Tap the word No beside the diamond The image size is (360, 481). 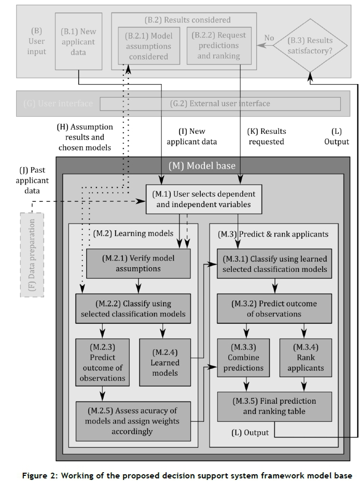coord(269,38)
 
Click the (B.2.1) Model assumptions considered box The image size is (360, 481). coord(149,45)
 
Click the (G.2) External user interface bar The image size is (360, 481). coord(220,104)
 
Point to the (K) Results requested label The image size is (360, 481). coord(265,136)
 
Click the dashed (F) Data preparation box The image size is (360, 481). coord(32,255)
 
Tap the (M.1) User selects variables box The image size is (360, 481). coord(201,199)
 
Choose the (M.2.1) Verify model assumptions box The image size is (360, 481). coord(139,264)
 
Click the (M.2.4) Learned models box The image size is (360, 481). coord(165,362)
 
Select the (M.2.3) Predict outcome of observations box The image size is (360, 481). coord(102,362)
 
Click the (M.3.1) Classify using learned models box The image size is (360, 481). coord(274,264)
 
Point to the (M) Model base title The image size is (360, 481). coord(202,166)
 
